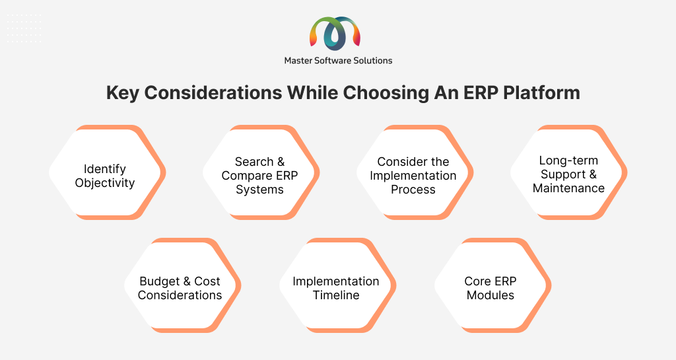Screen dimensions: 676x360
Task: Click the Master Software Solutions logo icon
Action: pos(335,33)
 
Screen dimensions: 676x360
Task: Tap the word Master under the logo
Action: pos(298,61)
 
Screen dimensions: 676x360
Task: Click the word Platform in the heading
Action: pos(541,92)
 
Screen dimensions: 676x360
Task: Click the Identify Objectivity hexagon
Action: pos(108,172)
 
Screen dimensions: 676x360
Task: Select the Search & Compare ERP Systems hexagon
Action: pos(261,172)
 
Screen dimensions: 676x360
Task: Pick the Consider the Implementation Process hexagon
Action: pos(415,172)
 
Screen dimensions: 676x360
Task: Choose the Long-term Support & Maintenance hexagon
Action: pos(568,172)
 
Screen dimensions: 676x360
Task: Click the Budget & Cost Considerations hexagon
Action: pos(183,285)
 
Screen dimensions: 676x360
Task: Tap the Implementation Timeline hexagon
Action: pos(337,285)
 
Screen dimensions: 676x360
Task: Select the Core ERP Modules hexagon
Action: pos(492,285)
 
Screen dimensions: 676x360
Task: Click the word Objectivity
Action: pos(105,183)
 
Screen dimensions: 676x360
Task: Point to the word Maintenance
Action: pos(568,188)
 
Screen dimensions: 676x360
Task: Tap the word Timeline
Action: pos(336,295)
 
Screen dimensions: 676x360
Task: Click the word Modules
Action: pos(490,295)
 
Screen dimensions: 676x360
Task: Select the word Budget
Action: pos(160,281)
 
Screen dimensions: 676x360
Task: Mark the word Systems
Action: pos(259,190)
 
